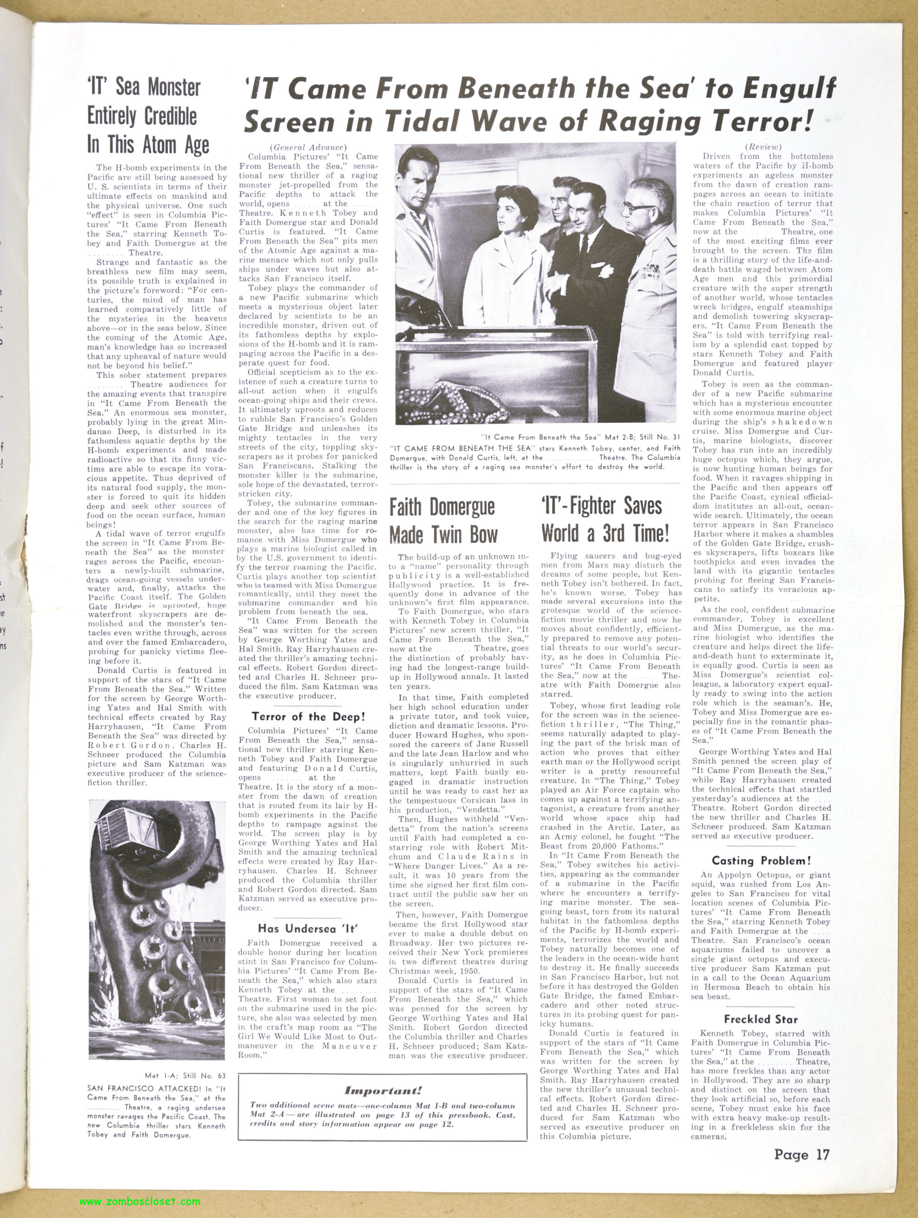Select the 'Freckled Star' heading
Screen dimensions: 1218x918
pos(761,1019)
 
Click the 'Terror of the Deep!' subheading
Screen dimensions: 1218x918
pos(308,716)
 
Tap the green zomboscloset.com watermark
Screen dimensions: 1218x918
pos(140,1201)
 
